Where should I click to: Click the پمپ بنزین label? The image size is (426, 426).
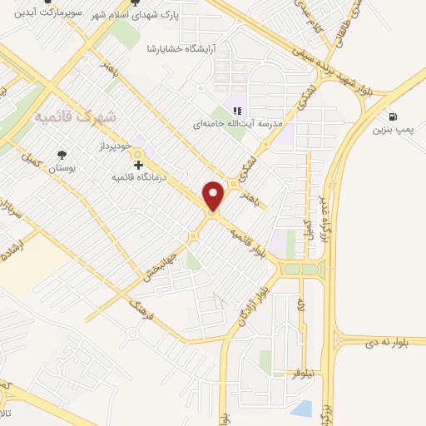tap(392, 130)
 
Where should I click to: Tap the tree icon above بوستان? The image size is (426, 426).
tap(62, 155)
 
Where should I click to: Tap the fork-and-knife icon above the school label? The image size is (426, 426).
tap(237, 111)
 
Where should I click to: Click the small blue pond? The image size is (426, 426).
tap(304, 409)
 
